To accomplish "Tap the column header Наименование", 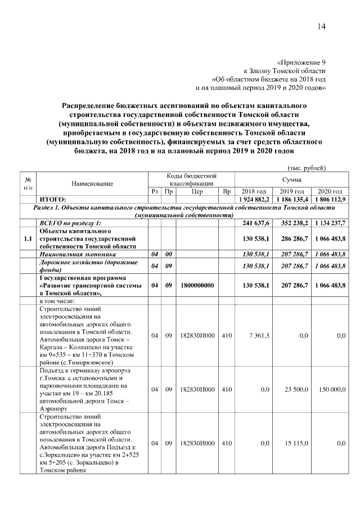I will (x=92, y=183).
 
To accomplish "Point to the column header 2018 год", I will (x=253, y=191).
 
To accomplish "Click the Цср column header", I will (x=197, y=191).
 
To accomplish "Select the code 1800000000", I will (x=197, y=285).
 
